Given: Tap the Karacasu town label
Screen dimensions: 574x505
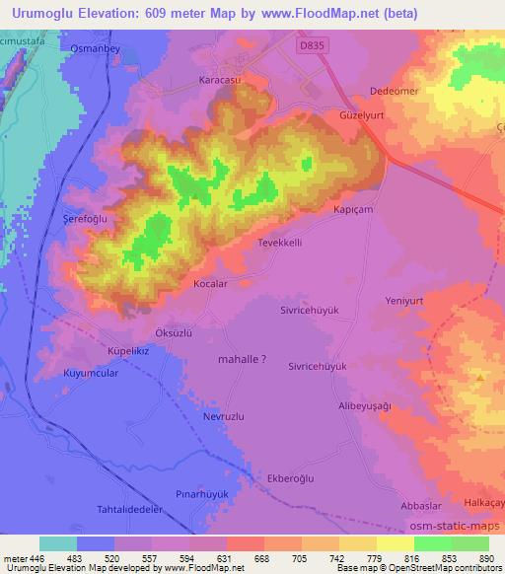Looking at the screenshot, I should [220, 78].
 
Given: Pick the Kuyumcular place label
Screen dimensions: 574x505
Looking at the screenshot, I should [64, 375].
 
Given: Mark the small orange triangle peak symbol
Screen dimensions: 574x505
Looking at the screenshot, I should [479, 377].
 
